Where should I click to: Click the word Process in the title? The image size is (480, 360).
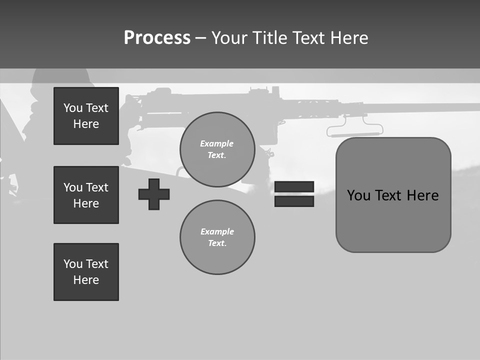(x=157, y=37)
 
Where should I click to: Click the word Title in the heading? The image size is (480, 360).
(x=270, y=38)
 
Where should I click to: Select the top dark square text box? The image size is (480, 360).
(x=86, y=116)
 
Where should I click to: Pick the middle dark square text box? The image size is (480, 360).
(x=86, y=195)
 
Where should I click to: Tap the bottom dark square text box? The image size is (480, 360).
(x=86, y=272)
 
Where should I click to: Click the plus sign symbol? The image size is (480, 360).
(x=154, y=194)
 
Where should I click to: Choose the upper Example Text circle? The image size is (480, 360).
(x=217, y=149)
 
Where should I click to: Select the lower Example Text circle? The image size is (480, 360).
(x=217, y=237)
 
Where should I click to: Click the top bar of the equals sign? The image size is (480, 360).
(x=294, y=186)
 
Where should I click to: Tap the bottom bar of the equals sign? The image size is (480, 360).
(x=294, y=201)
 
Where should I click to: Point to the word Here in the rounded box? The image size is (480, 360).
(x=422, y=195)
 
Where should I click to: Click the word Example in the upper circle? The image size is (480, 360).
(x=217, y=143)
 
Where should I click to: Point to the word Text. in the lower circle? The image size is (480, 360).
(x=217, y=243)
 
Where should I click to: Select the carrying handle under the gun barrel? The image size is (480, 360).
(x=355, y=133)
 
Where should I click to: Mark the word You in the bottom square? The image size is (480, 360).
(x=73, y=264)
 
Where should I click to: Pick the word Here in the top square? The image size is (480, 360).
(x=86, y=124)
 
